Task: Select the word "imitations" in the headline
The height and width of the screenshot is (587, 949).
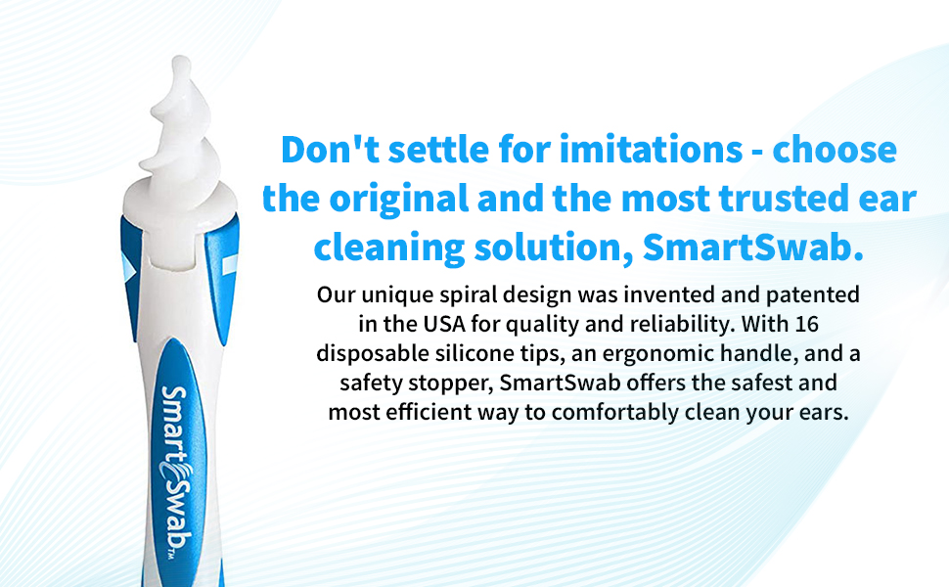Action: point(651,150)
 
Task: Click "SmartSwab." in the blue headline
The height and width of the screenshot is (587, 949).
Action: point(753,248)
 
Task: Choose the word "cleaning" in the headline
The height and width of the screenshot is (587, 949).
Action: point(389,248)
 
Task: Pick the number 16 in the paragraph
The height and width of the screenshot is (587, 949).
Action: point(807,324)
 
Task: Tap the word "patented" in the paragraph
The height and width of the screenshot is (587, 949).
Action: point(813,295)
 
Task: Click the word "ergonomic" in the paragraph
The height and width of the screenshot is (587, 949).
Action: point(657,354)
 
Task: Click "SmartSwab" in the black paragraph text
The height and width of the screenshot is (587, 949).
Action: point(561,383)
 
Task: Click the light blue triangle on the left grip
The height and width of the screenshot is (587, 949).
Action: point(128,267)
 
